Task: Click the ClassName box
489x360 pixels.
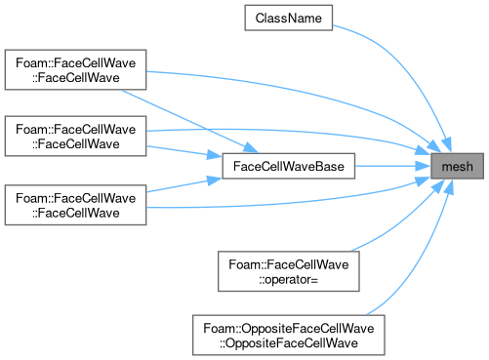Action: click(289, 18)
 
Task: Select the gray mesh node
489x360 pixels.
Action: click(457, 166)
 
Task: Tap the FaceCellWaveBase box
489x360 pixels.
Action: click(289, 166)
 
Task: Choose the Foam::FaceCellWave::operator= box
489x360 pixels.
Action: click(289, 271)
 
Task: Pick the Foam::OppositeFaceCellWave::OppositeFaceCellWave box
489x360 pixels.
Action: click(289, 335)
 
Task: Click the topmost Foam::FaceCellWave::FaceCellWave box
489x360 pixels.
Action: click(75, 69)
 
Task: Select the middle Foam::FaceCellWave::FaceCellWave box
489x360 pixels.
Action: click(75, 136)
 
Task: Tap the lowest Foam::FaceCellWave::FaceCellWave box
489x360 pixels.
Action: click(75, 205)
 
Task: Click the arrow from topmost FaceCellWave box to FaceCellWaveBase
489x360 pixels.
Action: click(189, 121)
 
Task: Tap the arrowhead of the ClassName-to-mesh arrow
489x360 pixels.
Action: click(447, 144)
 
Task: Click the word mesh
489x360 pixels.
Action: click(457, 167)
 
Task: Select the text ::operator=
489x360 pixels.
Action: click(288, 279)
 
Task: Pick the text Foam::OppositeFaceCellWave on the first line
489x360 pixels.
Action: click(289, 328)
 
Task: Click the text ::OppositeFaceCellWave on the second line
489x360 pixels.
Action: click(289, 342)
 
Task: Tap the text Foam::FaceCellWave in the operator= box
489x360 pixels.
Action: click(289, 264)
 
